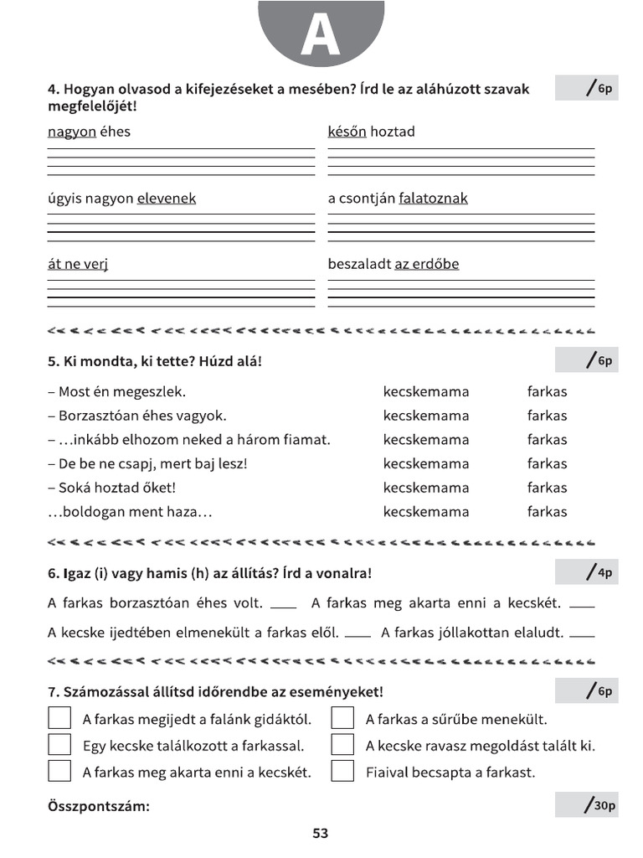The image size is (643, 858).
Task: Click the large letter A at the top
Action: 321,35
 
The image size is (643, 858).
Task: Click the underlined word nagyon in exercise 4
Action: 71,132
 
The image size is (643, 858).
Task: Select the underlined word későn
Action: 347,132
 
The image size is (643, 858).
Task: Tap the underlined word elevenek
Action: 166,199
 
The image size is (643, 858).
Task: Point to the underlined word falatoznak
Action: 433,199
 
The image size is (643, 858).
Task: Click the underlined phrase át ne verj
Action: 78,264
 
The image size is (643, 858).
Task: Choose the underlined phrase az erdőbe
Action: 426,264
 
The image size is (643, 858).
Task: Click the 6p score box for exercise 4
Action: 586,87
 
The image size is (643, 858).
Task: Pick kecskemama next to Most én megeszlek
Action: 426,391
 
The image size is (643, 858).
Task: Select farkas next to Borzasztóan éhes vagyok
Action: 547,416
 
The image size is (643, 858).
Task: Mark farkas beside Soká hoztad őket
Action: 547,488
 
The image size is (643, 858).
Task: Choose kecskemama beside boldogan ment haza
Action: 426,512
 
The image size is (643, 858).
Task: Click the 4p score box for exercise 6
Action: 586,572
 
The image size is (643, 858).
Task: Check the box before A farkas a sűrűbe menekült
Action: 342,719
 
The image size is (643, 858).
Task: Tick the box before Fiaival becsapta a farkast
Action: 342,771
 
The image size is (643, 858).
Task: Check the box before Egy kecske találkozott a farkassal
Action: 59,745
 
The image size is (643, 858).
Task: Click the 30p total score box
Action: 586,805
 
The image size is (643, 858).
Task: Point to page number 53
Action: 321,834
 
